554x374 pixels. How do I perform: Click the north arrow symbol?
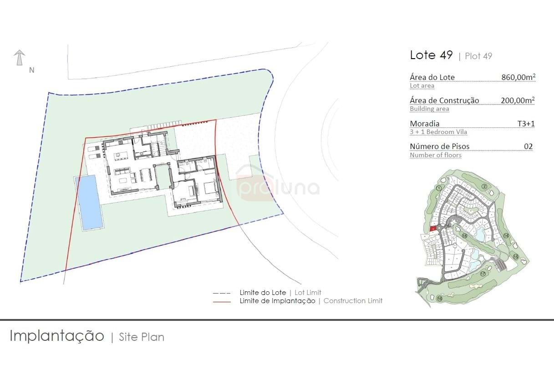19,58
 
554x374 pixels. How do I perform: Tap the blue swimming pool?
89,203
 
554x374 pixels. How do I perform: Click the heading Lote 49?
431,55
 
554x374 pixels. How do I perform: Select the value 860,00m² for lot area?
518,77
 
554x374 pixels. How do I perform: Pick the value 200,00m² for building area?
518,100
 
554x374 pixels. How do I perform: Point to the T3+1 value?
526,124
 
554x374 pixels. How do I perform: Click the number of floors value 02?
528,146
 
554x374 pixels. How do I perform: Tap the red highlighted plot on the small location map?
433,229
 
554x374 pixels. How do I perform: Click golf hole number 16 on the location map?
439,299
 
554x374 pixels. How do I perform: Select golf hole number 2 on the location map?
484,186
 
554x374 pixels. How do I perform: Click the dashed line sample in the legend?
222,293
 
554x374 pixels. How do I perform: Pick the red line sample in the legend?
222,301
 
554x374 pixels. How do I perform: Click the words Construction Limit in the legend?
353,301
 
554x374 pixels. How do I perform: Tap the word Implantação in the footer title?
57,336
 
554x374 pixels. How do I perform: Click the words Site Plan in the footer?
142,337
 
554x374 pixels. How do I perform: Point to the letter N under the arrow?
32,70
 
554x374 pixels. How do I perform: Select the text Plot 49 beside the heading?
478,56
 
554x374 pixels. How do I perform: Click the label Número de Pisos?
439,146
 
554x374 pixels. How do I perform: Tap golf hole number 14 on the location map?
506,236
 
